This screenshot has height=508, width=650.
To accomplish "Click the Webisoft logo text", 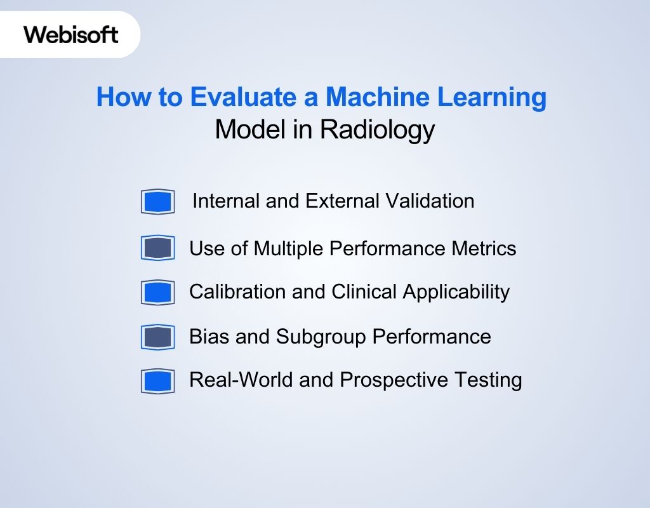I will [x=71, y=34].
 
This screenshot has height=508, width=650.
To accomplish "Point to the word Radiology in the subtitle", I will [x=377, y=130].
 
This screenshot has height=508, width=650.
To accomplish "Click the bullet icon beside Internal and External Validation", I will [x=157, y=202].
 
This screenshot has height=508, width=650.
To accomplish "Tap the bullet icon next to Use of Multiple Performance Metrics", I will [x=157, y=248].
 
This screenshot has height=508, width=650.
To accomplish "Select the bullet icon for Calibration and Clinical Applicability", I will [x=157, y=292].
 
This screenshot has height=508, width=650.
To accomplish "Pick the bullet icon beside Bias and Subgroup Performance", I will [x=157, y=337].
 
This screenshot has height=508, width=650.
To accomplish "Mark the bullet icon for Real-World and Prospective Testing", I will [x=157, y=381].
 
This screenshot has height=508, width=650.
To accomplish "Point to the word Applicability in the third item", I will [x=453, y=293].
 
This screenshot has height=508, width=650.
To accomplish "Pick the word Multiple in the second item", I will [x=289, y=248].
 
